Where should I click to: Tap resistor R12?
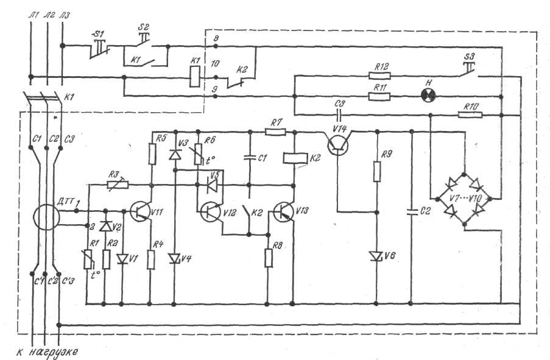pyautogui.click(x=383, y=76)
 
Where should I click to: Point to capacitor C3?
pyautogui.click(x=339, y=114)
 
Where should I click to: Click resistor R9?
pyautogui.click(x=376, y=172)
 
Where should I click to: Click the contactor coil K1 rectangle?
pyautogui.click(x=194, y=77)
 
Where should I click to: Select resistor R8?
pyautogui.click(x=268, y=258)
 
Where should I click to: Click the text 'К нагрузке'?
pyautogui.click(x=48, y=351)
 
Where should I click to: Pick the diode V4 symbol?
pyautogui.click(x=175, y=259)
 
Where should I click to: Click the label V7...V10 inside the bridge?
pyautogui.click(x=465, y=199)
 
